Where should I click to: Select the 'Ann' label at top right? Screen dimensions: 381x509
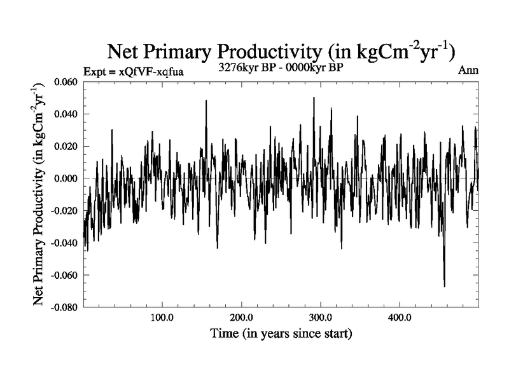pos(468,70)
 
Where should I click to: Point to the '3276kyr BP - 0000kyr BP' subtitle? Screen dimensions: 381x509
pos(281,66)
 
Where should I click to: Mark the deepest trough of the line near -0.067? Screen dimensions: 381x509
pos(444,286)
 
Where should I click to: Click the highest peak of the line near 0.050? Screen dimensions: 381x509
pos(314,98)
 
